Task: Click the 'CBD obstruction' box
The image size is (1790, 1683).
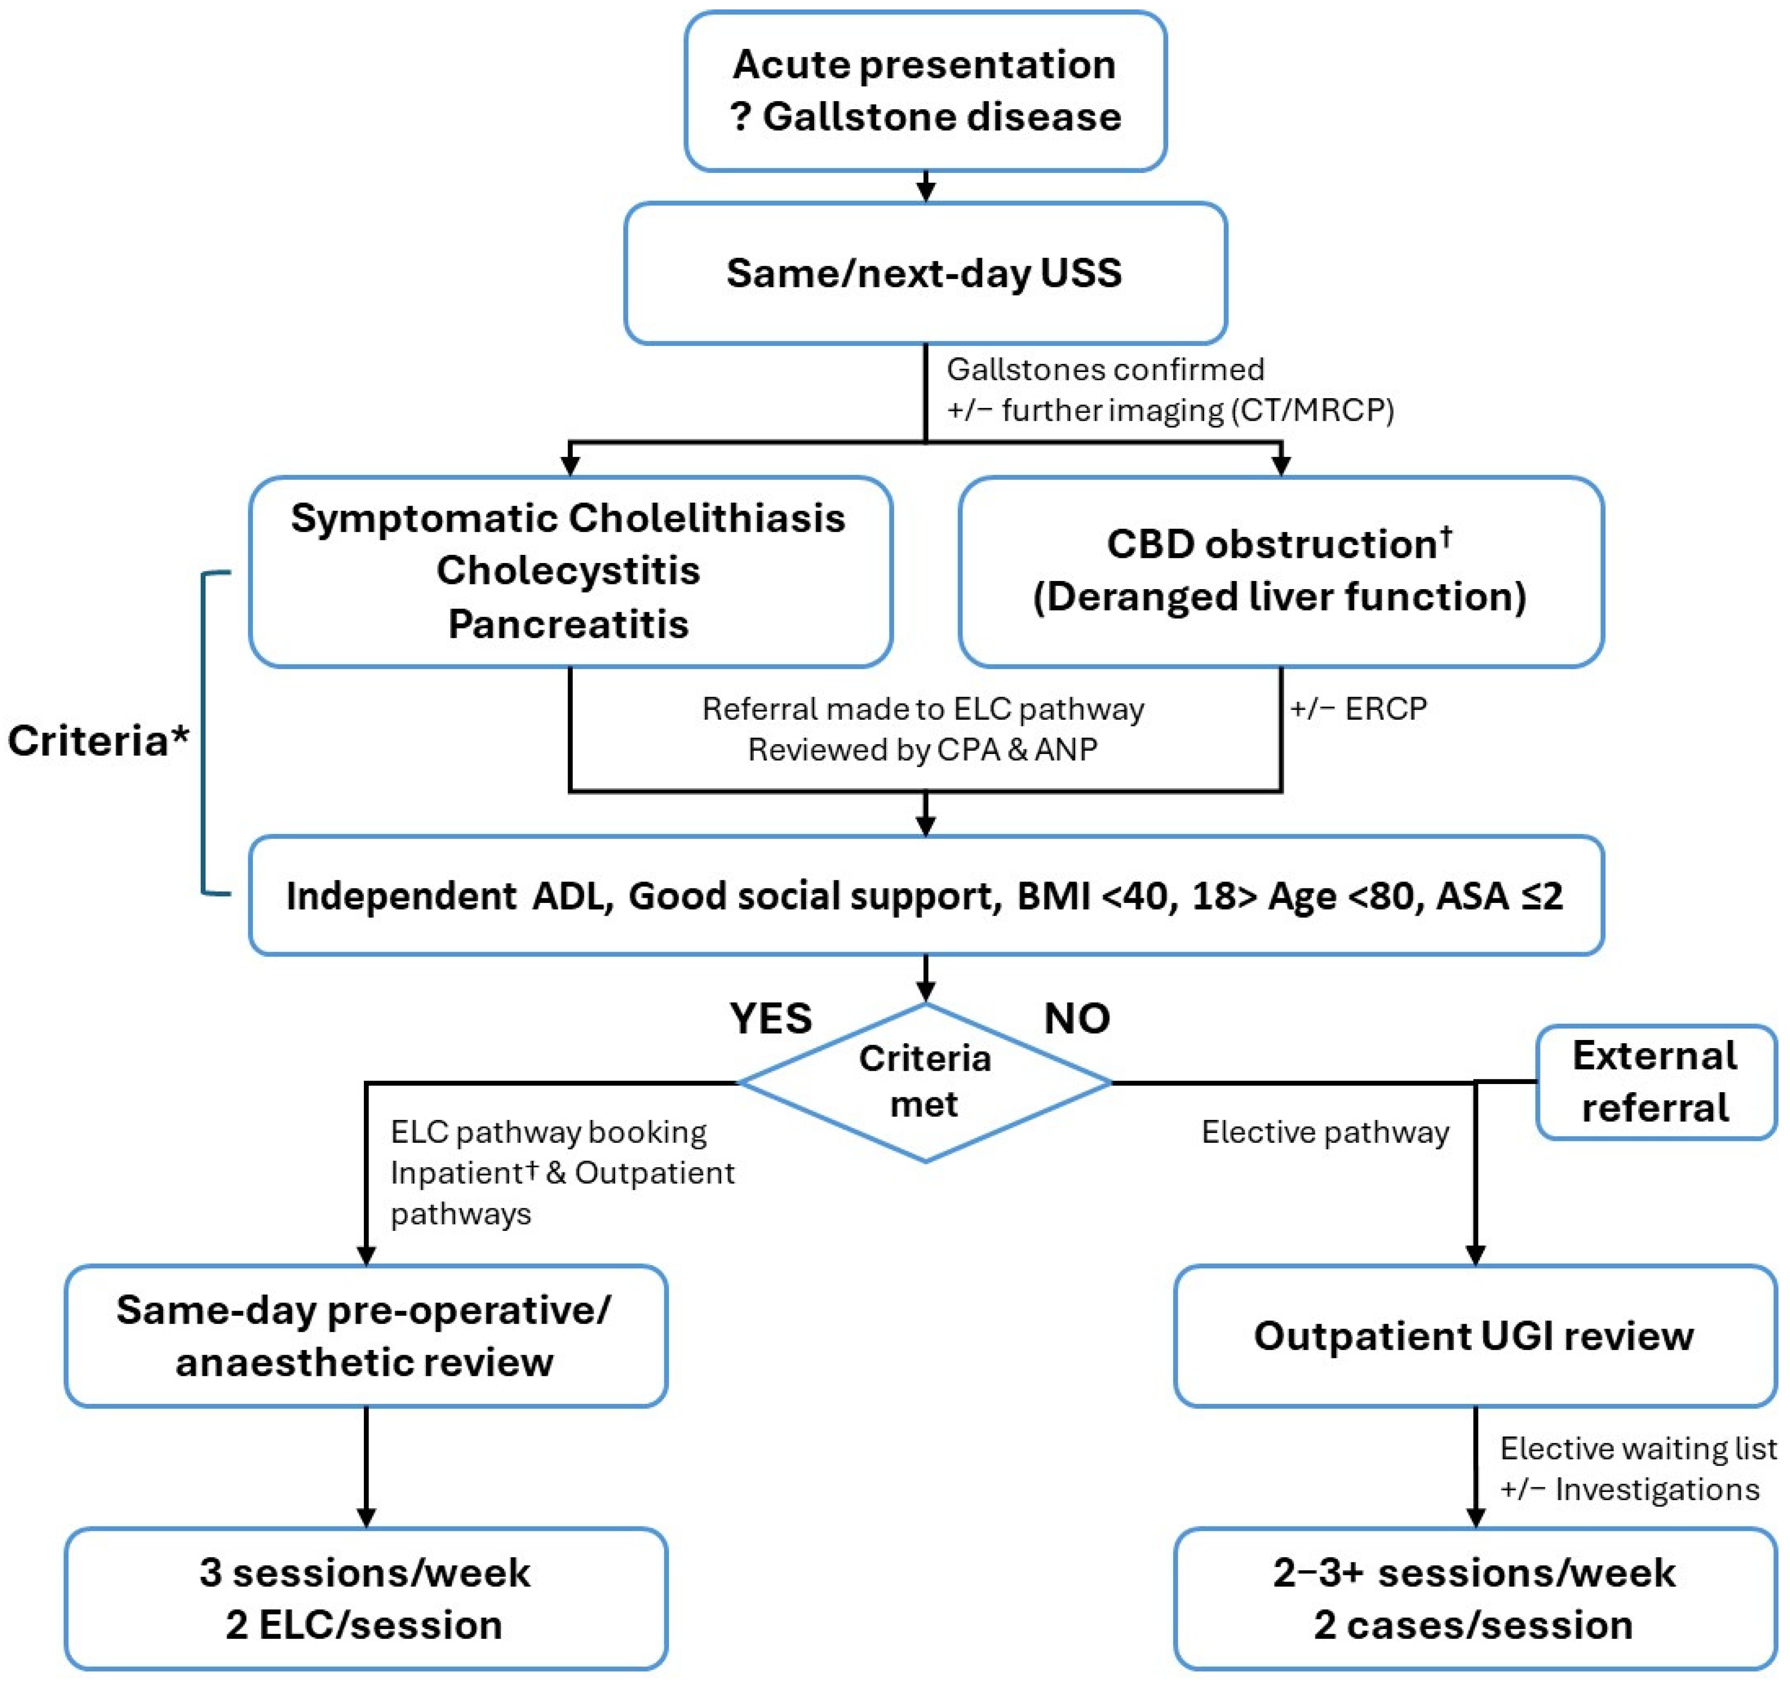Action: (x=1280, y=571)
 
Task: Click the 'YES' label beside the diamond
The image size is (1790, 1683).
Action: (x=771, y=1019)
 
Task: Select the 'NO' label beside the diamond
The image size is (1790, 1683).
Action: (x=1077, y=1019)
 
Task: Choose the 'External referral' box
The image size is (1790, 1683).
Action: (x=1655, y=1081)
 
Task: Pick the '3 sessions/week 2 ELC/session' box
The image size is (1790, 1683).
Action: (x=365, y=1598)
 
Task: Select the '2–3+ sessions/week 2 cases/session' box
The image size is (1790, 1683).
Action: (x=1474, y=1598)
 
